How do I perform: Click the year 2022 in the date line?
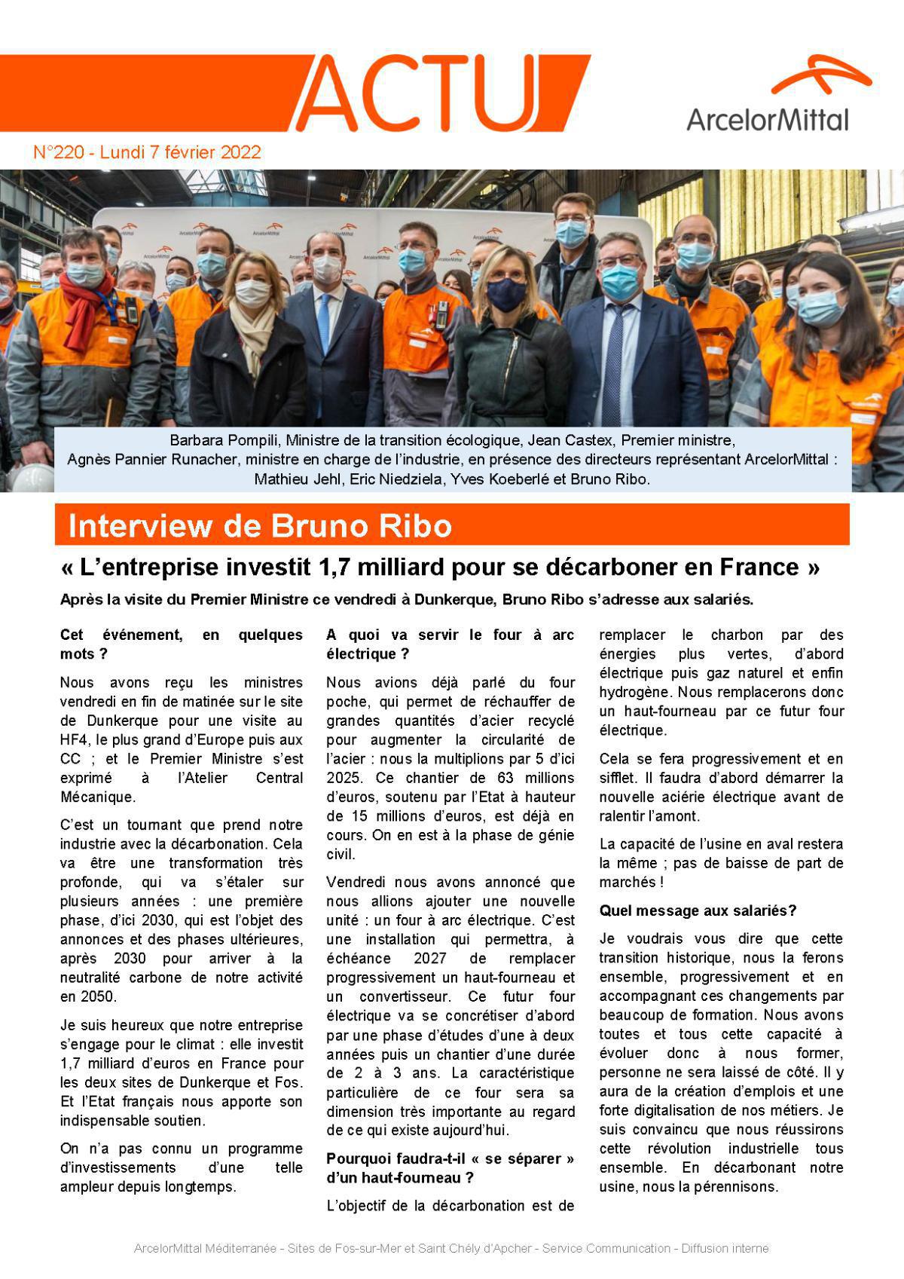240,153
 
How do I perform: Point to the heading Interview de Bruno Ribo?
260,526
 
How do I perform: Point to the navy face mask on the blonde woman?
505,295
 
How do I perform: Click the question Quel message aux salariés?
698,910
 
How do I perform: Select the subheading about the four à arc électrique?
450,644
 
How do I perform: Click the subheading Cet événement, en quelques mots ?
181,644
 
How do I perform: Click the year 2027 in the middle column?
429,958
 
